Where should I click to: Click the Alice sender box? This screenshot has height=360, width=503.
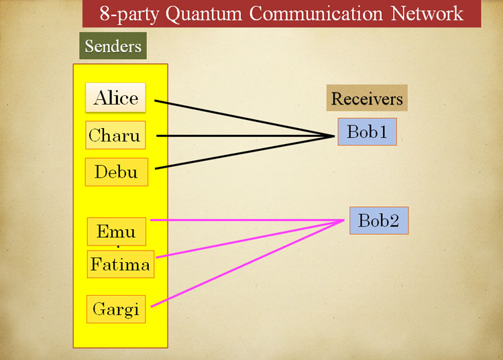(x=115, y=98)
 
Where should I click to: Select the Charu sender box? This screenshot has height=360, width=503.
(x=115, y=135)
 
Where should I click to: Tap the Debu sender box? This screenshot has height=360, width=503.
(x=116, y=172)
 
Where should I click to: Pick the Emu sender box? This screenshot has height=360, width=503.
(x=116, y=232)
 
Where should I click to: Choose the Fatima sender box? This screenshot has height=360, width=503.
(x=120, y=264)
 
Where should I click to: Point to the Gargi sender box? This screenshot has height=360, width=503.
(x=115, y=309)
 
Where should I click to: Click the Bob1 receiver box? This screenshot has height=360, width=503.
(x=367, y=132)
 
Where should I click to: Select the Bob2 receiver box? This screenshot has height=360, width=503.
(x=378, y=221)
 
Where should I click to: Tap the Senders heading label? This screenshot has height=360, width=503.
(x=113, y=46)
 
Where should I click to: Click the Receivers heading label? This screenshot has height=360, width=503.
(x=367, y=99)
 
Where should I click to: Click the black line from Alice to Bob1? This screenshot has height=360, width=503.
(x=245, y=119)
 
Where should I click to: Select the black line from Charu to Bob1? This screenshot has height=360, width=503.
(x=245, y=136)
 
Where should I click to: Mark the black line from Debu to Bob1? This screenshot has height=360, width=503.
(x=245, y=153)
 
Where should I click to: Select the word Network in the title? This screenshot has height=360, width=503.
(x=423, y=13)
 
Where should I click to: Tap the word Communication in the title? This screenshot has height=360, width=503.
(x=315, y=13)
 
